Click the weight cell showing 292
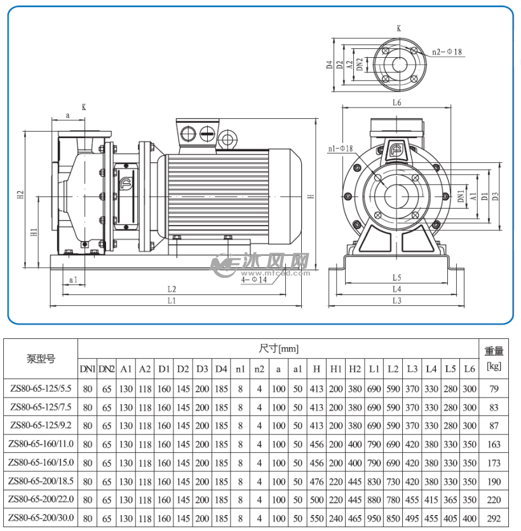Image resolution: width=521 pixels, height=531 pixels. click(x=494, y=519)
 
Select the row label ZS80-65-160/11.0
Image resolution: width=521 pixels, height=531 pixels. click(x=41, y=445)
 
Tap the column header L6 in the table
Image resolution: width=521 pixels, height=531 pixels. click(x=469, y=369)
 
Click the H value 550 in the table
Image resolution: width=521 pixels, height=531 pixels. click(x=316, y=519)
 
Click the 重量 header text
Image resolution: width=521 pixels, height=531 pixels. click(x=494, y=350)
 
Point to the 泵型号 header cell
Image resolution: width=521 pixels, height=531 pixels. click(x=41, y=359)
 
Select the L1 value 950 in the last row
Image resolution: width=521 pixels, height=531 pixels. click(x=374, y=519)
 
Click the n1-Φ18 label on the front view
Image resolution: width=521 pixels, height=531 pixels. click(x=340, y=148)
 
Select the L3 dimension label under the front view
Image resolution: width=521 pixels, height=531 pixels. click(x=396, y=300)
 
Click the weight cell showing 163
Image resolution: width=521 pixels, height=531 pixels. click(x=494, y=445)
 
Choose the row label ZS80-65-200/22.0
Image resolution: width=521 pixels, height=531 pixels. click(x=41, y=500)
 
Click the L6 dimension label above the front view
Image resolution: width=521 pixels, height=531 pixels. click(x=396, y=102)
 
